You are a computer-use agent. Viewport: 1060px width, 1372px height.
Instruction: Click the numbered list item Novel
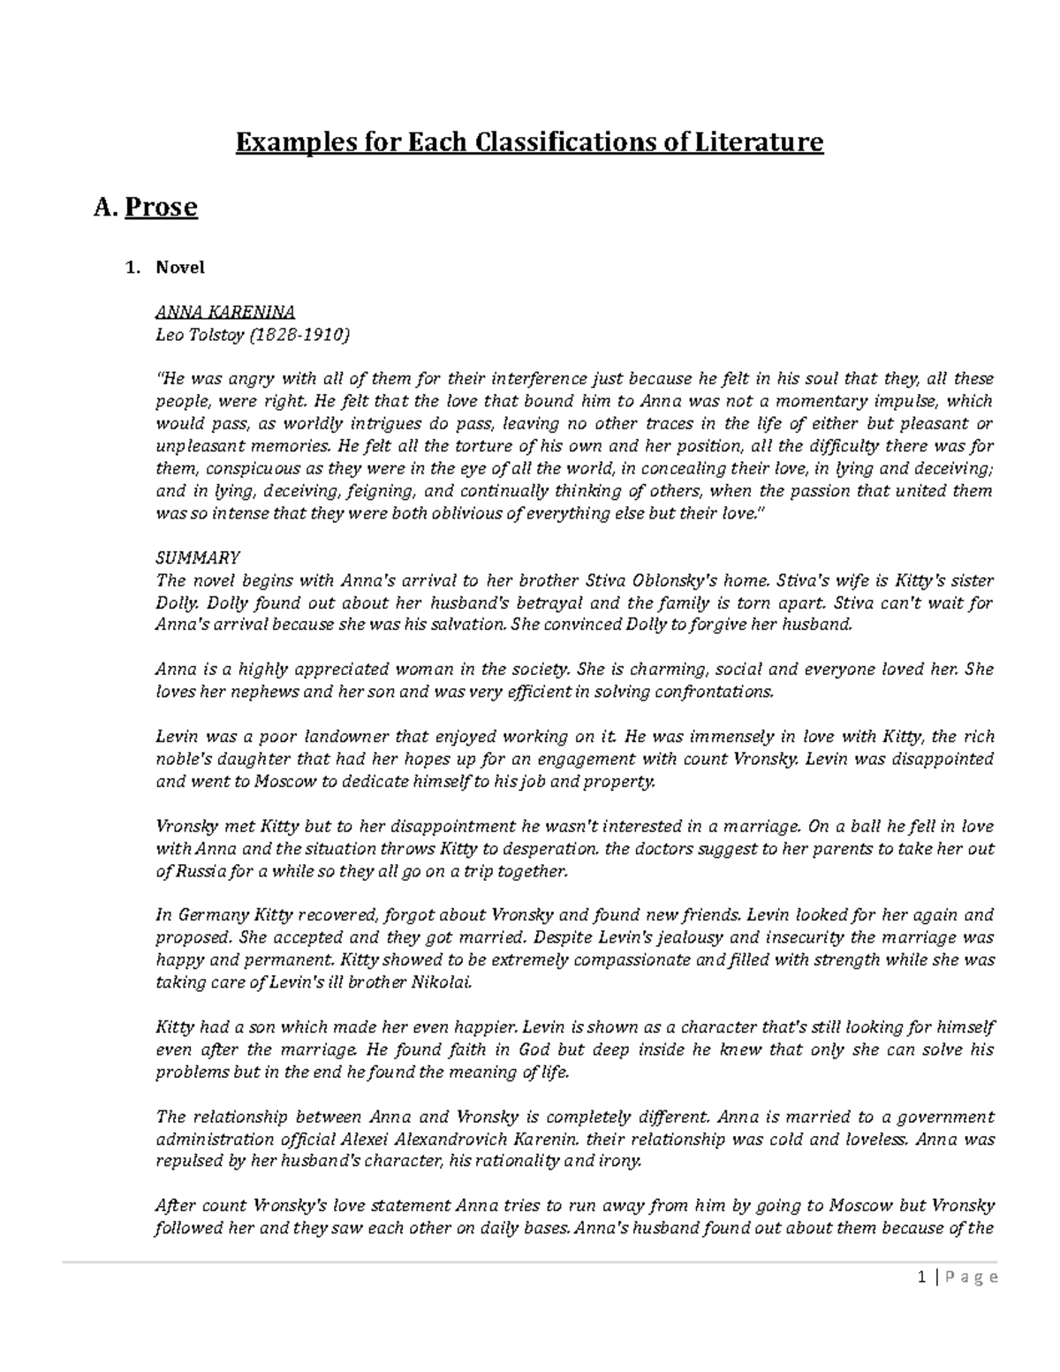tap(180, 267)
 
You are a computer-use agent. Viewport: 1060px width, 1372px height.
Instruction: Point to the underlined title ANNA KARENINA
tap(224, 312)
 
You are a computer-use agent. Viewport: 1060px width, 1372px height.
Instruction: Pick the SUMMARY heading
tap(197, 557)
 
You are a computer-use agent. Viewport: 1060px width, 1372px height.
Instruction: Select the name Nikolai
tap(447, 982)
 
